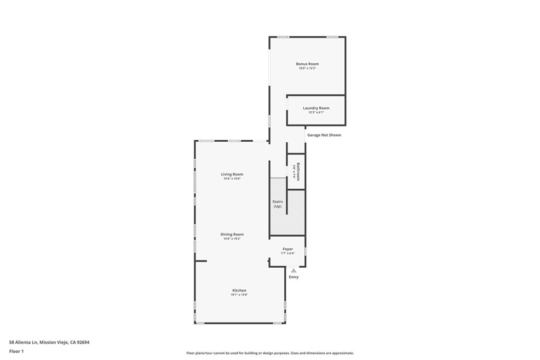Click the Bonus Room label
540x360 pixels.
[x=307, y=64]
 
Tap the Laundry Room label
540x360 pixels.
[x=316, y=108]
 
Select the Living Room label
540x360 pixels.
[x=232, y=174]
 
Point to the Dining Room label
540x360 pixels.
[x=232, y=234]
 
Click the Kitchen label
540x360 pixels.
[x=239, y=290]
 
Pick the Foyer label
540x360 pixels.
[x=287, y=249]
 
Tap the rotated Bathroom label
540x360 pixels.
[x=298, y=171]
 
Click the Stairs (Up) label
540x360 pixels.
[x=277, y=204]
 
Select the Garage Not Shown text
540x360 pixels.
[x=324, y=135]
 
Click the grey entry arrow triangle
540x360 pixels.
[x=294, y=270]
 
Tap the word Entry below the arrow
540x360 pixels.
[x=294, y=277]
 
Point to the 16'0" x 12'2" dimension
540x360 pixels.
[x=307, y=69]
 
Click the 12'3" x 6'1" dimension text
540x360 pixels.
[x=316, y=112]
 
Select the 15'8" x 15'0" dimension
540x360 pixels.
[x=232, y=179]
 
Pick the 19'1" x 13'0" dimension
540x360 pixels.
[x=239, y=295]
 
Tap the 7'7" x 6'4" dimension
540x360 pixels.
[x=287, y=253]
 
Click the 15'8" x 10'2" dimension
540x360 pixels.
[x=232, y=239]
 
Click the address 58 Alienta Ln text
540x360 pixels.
[x=49, y=342]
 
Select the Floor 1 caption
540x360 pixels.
[x=16, y=351]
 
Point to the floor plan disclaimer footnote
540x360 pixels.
[x=269, y=353]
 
